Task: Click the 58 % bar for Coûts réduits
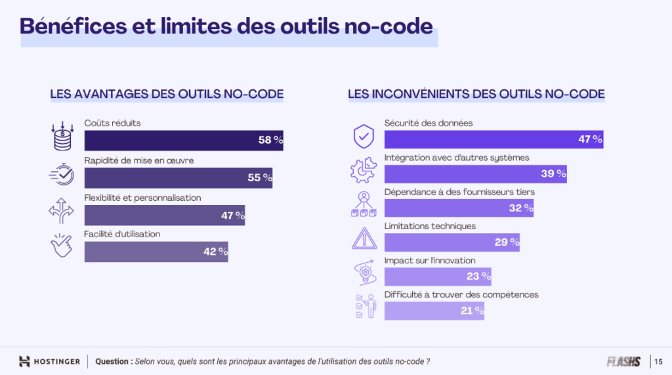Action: [184, 140]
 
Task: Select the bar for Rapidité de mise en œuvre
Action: [178, 178]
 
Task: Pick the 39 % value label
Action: [553, 174]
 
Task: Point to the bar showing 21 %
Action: [434, 311]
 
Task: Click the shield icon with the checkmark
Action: [364, 136]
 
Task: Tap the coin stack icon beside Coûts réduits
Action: [63, 136]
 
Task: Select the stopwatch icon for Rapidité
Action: [63, 174]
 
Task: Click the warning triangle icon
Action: [364, 238]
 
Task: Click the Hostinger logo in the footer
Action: [50, 361]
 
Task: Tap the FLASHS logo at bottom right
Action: [623, 361]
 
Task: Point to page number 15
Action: [658, 361]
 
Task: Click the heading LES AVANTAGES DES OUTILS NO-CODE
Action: [167, 94]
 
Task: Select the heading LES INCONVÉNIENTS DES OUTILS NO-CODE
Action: [476, 94]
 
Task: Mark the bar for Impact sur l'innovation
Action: [437, 276]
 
